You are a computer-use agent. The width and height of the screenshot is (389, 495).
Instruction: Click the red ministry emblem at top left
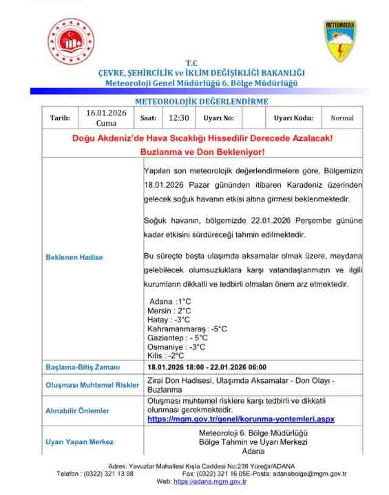click(70, 41)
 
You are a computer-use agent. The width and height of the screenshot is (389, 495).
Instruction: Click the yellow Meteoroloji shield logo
click(339, 41)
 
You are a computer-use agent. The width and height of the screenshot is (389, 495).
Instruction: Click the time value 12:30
click(178, 118)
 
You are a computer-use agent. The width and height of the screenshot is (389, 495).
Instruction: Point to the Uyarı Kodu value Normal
click(341, 118)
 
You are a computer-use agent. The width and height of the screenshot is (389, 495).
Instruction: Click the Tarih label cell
click(60, 118)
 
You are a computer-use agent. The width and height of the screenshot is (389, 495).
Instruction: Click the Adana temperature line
click(169, 302)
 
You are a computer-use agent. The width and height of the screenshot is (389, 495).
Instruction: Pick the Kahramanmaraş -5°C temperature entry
click(187, 329)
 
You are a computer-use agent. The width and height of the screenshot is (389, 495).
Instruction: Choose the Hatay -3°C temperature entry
click(168, 320)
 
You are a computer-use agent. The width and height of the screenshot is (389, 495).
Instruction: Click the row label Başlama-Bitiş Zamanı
click(83, 367)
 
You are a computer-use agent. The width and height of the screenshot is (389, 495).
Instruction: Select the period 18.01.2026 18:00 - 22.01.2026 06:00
click(207, 367)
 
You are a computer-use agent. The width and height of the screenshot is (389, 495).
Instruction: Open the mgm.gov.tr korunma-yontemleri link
click(240, 418)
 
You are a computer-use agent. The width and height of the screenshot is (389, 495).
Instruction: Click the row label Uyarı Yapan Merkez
click(79, 441)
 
